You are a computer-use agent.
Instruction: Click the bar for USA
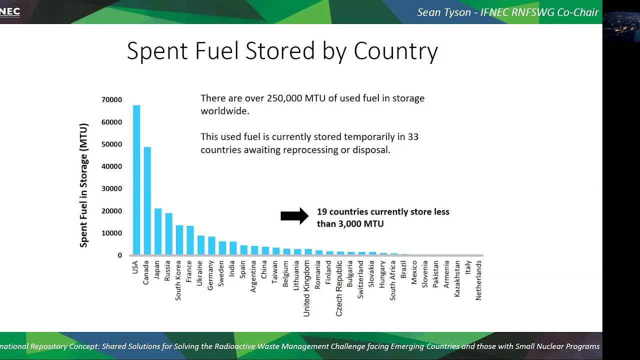(136, 180)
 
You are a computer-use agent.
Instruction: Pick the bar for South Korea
(179, 240)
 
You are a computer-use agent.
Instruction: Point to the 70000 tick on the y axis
(111, 100)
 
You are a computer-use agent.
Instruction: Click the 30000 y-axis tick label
(111, 189)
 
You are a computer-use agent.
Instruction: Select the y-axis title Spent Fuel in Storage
(83, 185)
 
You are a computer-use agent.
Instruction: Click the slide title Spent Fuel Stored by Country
(282, 51)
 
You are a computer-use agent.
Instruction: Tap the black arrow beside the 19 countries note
(294, 216)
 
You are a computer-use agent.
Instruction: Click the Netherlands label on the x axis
(478, 280)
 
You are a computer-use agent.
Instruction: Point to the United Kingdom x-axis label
(306, 288)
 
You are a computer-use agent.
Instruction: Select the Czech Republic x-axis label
(339, 288)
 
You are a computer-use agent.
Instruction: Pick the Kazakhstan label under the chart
(457, 279)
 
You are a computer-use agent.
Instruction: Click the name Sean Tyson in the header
(444, 12)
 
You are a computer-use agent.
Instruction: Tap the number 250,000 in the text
(285, 98)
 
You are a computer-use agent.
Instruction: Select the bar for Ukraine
(201, 245)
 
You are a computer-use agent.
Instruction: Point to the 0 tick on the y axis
(119, 255)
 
